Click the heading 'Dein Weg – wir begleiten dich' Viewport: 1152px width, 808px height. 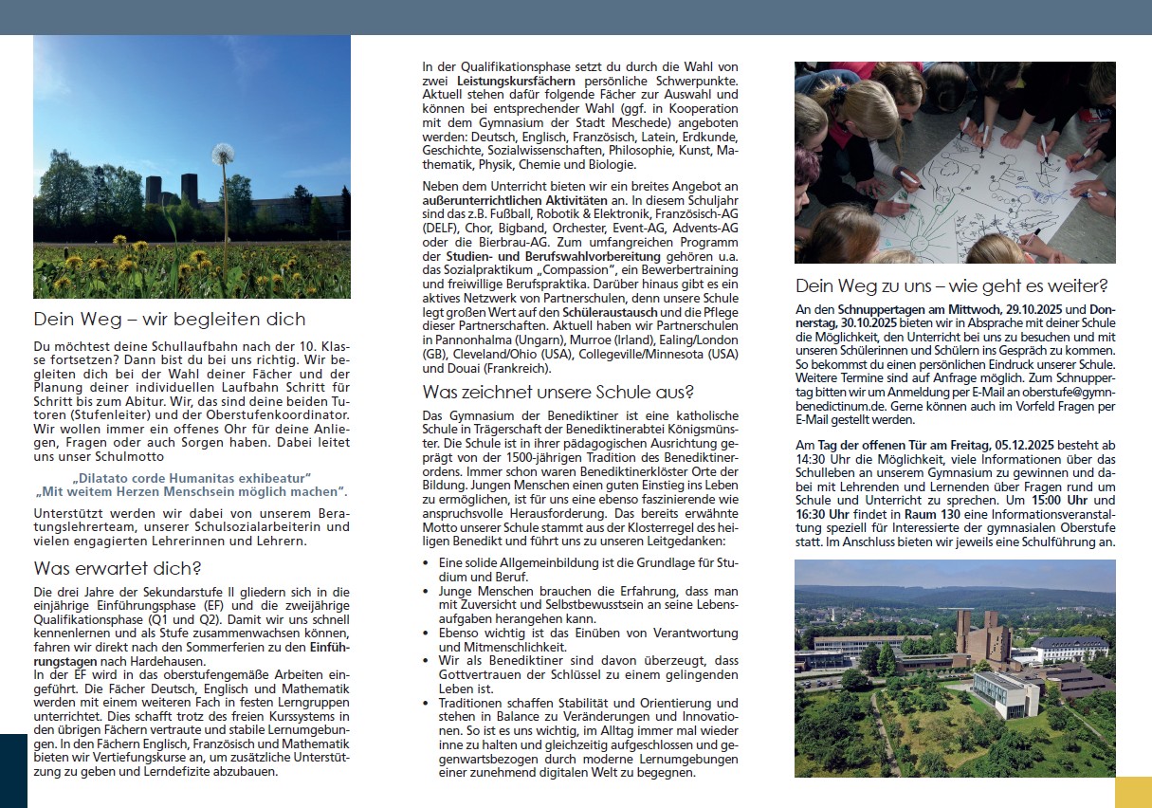(x=170, y=319)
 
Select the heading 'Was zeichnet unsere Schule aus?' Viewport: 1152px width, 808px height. (x=558, y=391)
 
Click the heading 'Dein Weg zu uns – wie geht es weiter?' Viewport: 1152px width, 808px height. (x=952, y=285)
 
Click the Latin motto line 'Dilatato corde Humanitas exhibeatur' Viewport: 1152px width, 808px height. (x=191, y=477)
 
